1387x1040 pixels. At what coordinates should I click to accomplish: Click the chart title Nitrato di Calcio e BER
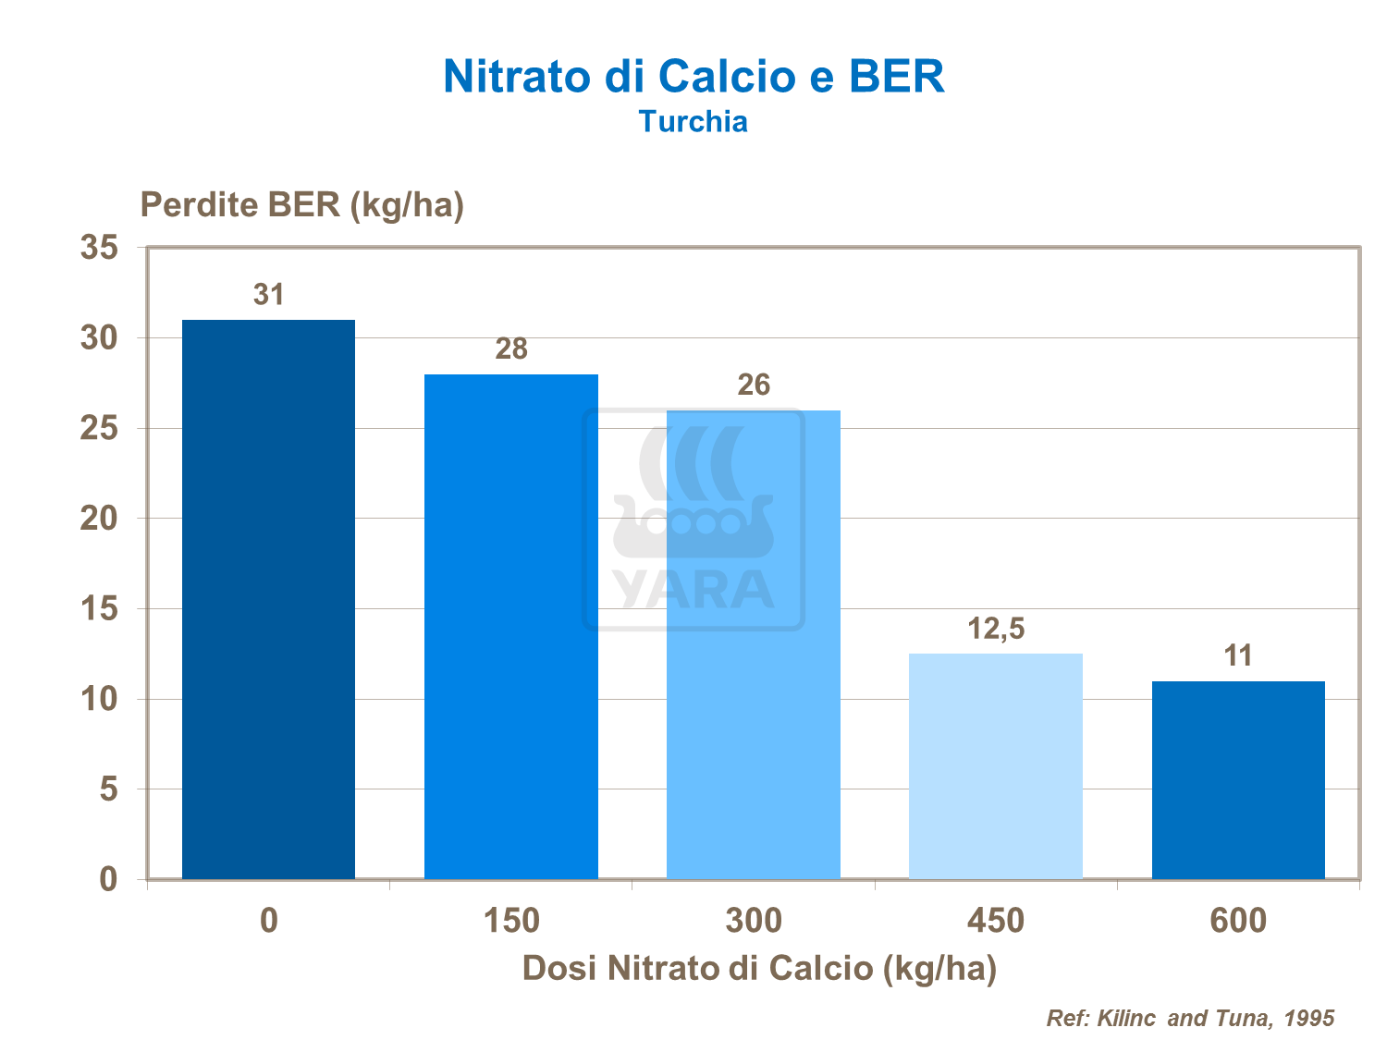coord(693,77)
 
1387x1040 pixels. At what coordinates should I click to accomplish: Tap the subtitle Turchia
coord(693,122)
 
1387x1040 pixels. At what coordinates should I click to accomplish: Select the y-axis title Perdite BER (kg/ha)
coord(301,204)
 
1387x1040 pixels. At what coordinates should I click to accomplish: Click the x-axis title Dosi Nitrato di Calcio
coord(759,968)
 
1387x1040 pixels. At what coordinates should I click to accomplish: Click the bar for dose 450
coord(995,766)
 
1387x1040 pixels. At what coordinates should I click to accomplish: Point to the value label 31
coord(268,295)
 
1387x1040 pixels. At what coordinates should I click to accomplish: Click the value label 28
coord(510,349)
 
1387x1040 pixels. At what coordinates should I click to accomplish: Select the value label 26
coord(754,385)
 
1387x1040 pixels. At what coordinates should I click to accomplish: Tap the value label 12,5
coord(996,629)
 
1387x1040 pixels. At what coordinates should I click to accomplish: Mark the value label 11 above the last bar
coord(1237,656)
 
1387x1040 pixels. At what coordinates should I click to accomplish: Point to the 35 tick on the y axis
coord(100,248)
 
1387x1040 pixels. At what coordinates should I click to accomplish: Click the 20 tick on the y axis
coord(100,519)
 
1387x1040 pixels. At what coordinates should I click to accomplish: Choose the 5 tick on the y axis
coord(109,789)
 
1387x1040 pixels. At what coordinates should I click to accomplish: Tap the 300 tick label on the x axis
coord(754,921)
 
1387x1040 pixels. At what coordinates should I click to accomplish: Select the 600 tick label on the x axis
coord(1237,921)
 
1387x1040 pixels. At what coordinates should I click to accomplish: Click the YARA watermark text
coord(693,590)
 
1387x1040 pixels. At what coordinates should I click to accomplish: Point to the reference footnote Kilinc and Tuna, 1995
coord(1190,1018)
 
